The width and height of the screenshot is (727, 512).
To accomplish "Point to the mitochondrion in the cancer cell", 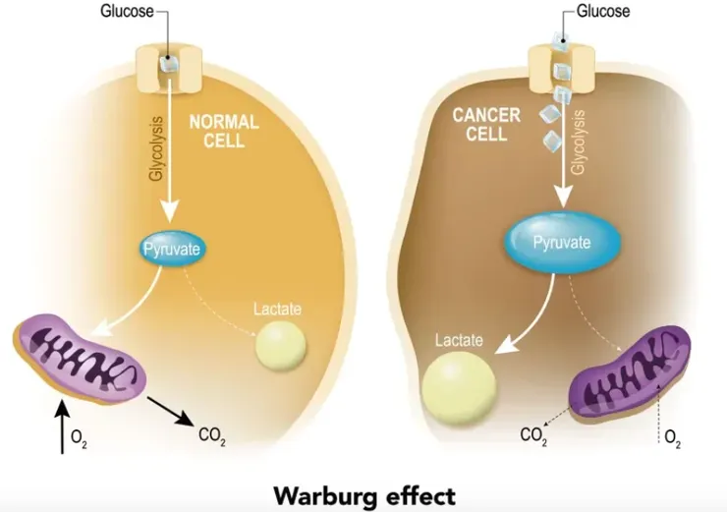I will click(633, 369).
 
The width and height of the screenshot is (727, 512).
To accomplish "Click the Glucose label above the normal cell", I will click(126, 13).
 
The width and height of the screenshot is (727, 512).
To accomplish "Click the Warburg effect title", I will click(363, 491).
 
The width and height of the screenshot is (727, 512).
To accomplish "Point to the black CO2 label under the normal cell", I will click(212, 435).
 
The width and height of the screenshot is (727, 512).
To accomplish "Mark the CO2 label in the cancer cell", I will click(532, 432).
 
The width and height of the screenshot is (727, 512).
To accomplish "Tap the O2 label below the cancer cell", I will click(672, 437).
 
